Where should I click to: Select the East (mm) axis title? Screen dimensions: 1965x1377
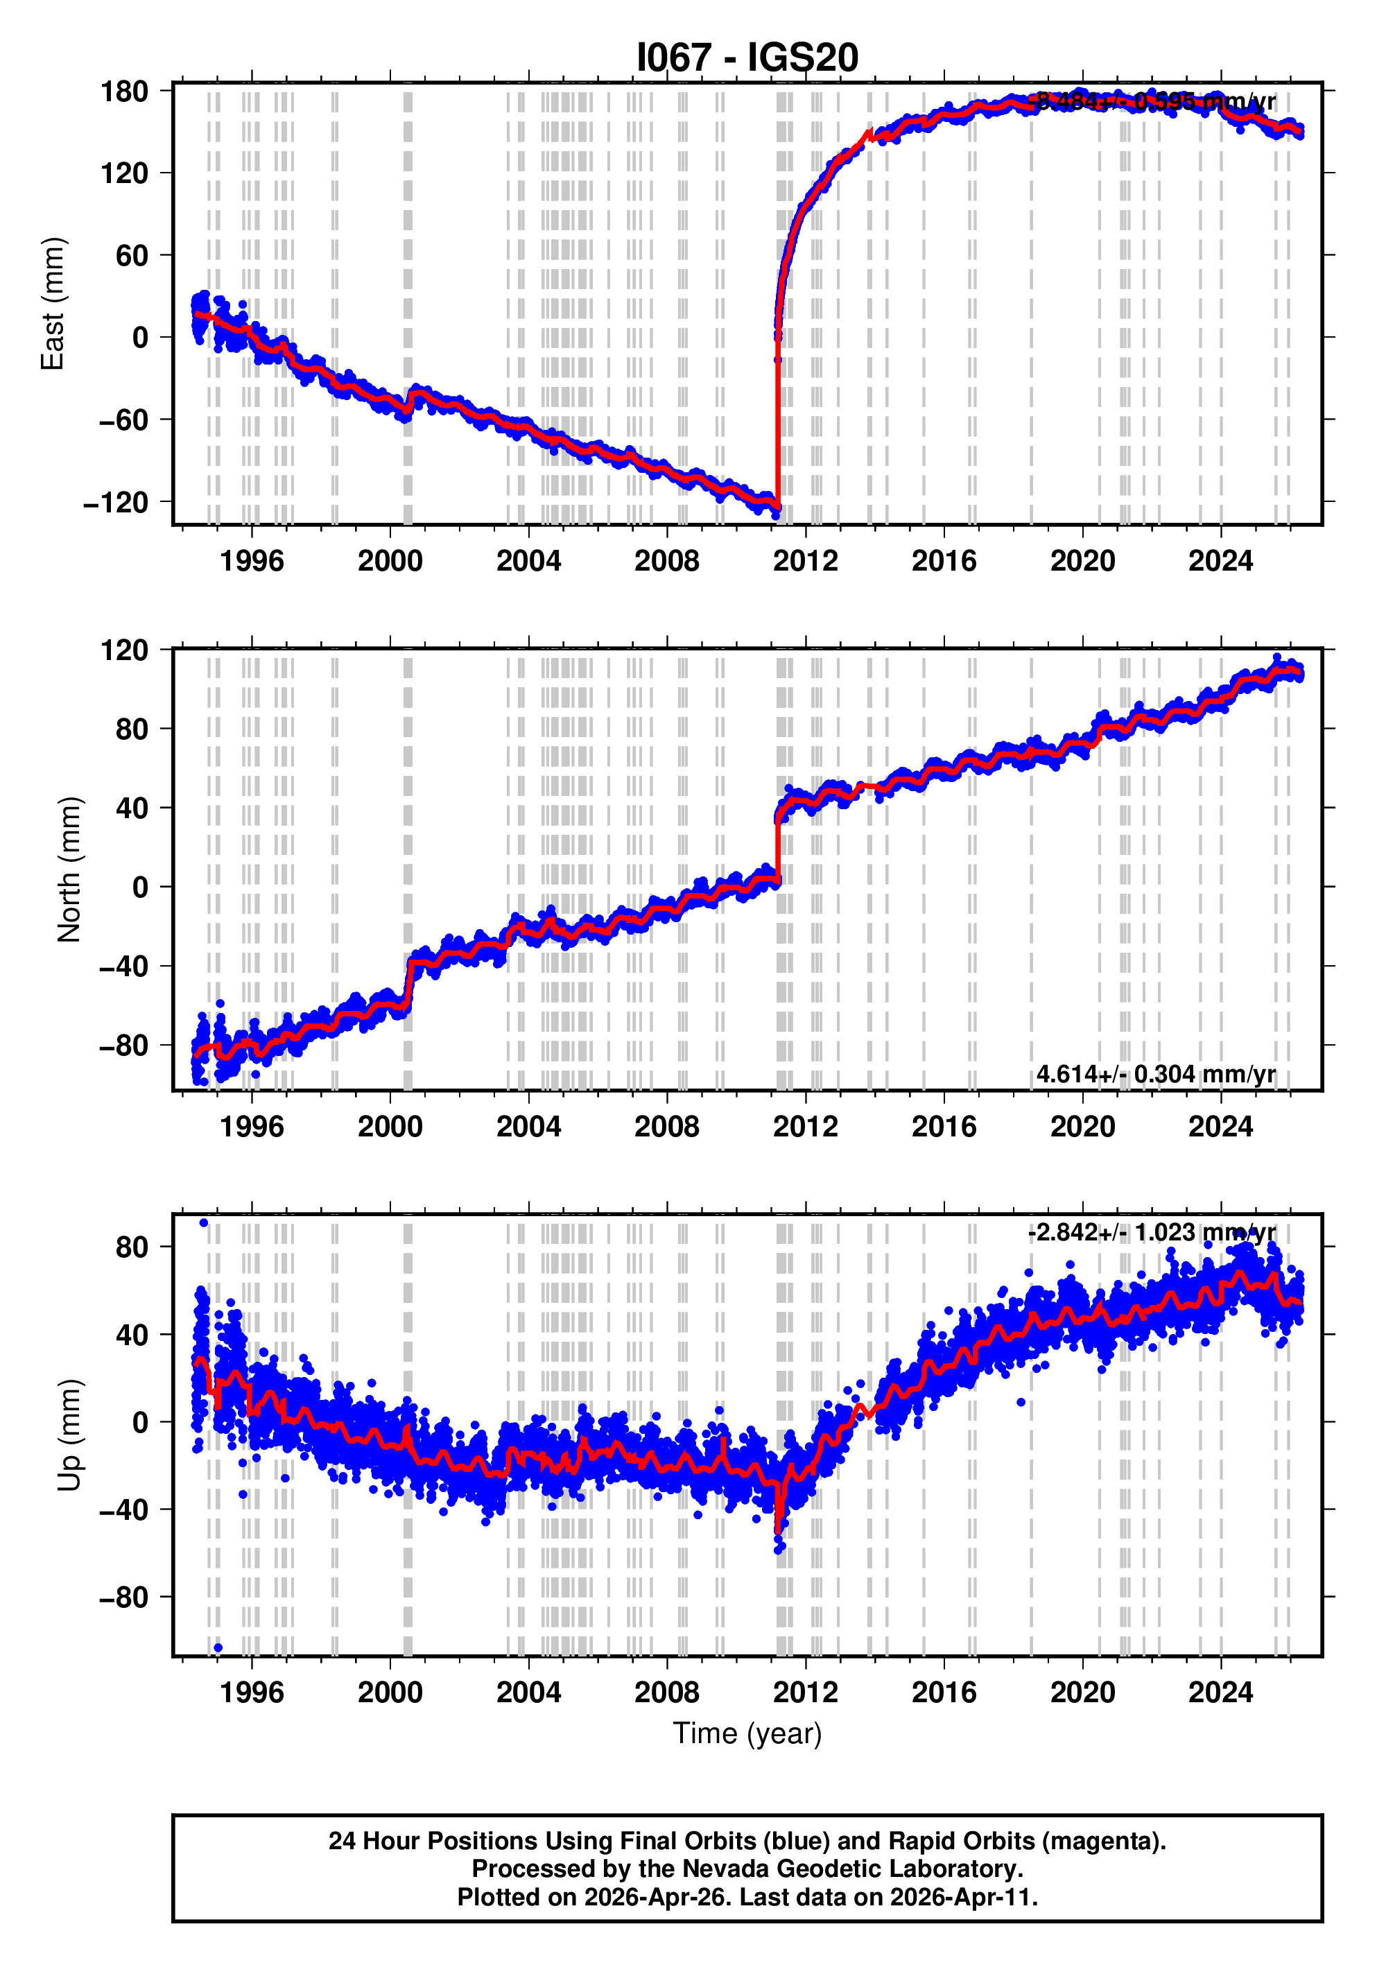point(52,304)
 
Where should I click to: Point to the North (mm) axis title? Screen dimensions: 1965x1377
point(69,869)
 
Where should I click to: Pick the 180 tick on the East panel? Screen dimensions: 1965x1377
point(124,91)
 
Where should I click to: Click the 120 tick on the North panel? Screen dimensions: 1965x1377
point(124,650)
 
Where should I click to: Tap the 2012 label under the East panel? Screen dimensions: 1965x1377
point(804,562)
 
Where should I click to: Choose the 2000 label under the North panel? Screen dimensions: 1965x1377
point(390,1127)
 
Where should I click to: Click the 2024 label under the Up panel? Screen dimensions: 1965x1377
point(1220,1693)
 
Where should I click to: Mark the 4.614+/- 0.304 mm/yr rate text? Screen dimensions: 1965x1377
point(1155,1074)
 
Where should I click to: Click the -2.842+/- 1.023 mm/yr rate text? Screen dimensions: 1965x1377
point(1151,1232)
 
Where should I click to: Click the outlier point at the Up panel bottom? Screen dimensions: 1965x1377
point(218,1647)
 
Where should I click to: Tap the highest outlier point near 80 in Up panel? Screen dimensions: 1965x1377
point(203,1222)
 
